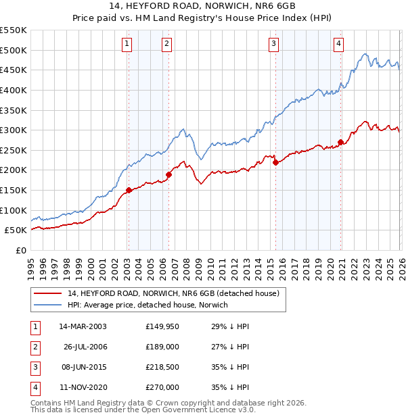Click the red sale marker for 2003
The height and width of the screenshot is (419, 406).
[129, 191]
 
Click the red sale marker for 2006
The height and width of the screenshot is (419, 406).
[168, 174]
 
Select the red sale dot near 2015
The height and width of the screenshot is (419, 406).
[275, 162]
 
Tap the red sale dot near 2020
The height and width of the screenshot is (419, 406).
[340, 142]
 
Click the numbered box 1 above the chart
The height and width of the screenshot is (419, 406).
[127, 45]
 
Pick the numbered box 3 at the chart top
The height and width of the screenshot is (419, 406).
[273, 45]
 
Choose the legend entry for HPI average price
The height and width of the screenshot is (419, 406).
[148, 305]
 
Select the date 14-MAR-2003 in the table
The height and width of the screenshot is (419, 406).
[83, 326]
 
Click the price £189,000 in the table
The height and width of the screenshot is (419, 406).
[162, 347]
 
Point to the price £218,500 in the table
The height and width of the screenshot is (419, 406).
[162, 367]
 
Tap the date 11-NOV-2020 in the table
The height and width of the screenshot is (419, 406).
[83, 387]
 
